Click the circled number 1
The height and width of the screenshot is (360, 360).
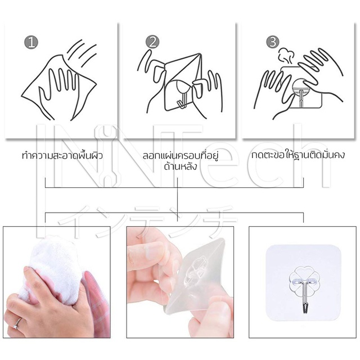31,42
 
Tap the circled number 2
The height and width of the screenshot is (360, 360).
152,42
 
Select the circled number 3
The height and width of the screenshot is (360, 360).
273,42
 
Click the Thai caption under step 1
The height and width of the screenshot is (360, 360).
62,155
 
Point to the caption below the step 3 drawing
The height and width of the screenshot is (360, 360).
298,155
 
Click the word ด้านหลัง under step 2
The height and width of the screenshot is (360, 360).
181,166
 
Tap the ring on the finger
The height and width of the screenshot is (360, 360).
17,323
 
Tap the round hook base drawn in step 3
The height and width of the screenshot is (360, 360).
301,88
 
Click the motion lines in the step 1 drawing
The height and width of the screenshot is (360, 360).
83,52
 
